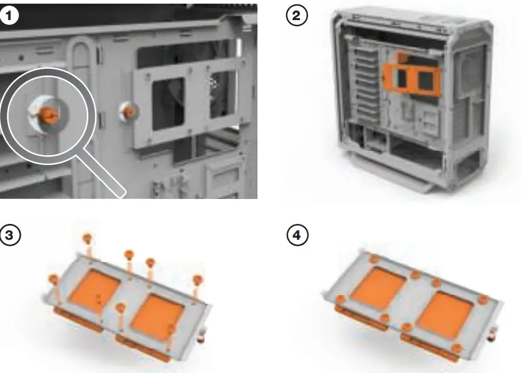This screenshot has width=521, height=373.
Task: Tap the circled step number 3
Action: (x=9, y=235)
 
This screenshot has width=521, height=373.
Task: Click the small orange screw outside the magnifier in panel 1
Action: (x=128, y=111)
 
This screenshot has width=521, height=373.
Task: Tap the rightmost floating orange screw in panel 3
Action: (x=198, y=280)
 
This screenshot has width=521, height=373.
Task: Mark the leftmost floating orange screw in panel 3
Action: (x=54, y=279)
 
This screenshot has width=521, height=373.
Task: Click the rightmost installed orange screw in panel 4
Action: (x=482, y=299)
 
